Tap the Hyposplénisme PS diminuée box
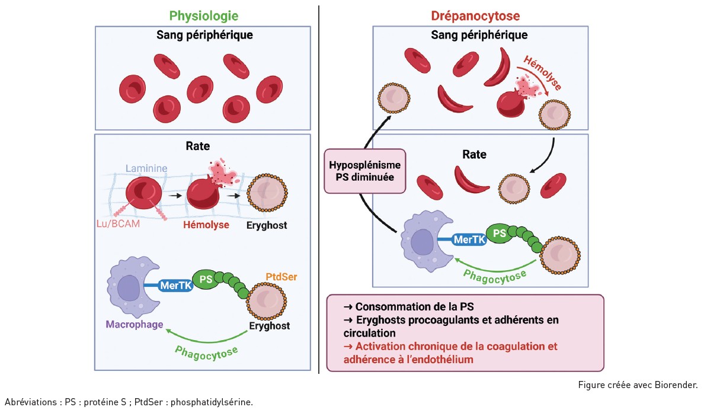pos(365,170)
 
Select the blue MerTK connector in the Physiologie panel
pos(175,285)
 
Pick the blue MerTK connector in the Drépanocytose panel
pos(469,240)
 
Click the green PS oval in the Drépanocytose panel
pos(500,233)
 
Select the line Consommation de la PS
pos(409,307)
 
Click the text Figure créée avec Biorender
pos(638,385)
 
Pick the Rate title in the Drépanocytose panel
pos(473,155)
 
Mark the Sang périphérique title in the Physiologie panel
pos(204,35)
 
